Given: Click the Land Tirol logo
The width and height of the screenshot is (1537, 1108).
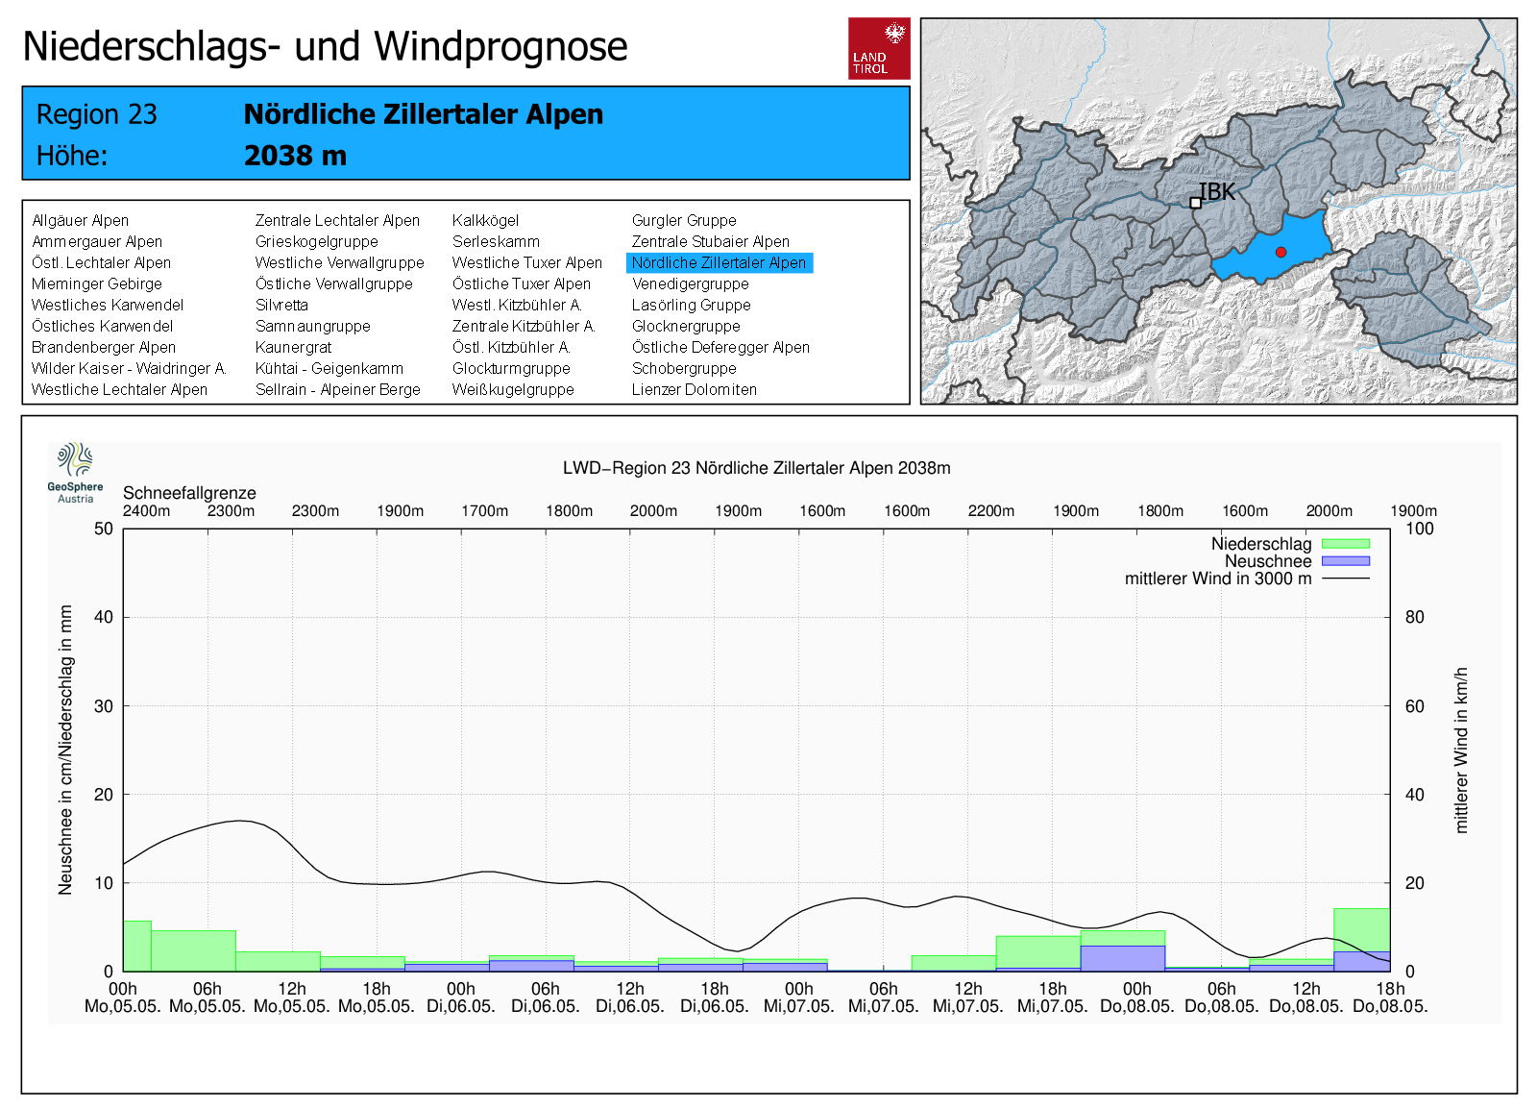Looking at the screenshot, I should (879, 48).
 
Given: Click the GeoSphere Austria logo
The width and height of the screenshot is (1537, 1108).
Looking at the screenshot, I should (75, 472).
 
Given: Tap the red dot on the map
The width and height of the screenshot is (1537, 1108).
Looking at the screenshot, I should (1281, 252).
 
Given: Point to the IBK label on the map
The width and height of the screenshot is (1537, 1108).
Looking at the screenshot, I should (1217, 192).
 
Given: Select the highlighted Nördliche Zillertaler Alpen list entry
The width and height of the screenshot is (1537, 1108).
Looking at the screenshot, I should (719, 263).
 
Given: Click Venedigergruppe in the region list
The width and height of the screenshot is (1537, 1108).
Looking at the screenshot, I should (690, 284).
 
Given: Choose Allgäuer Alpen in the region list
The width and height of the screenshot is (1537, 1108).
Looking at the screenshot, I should (80, 221).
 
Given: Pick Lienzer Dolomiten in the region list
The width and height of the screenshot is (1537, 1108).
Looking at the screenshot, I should (694, 390).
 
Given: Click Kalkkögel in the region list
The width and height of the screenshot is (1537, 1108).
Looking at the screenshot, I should (485, 221).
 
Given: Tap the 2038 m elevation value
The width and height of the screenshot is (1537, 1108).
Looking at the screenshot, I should (295, 156).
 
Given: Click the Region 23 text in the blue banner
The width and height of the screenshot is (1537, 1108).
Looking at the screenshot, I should (96, 114).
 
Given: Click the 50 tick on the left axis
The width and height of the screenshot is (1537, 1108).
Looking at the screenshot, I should (103, 529).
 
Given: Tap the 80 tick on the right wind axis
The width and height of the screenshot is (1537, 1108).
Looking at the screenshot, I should (1414, 617).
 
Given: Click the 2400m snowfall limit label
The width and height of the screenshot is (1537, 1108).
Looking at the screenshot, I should (146, 511).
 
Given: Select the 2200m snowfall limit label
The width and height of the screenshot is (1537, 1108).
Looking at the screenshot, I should (990, 511).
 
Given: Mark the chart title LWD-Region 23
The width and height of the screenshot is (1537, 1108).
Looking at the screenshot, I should (756, 468).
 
